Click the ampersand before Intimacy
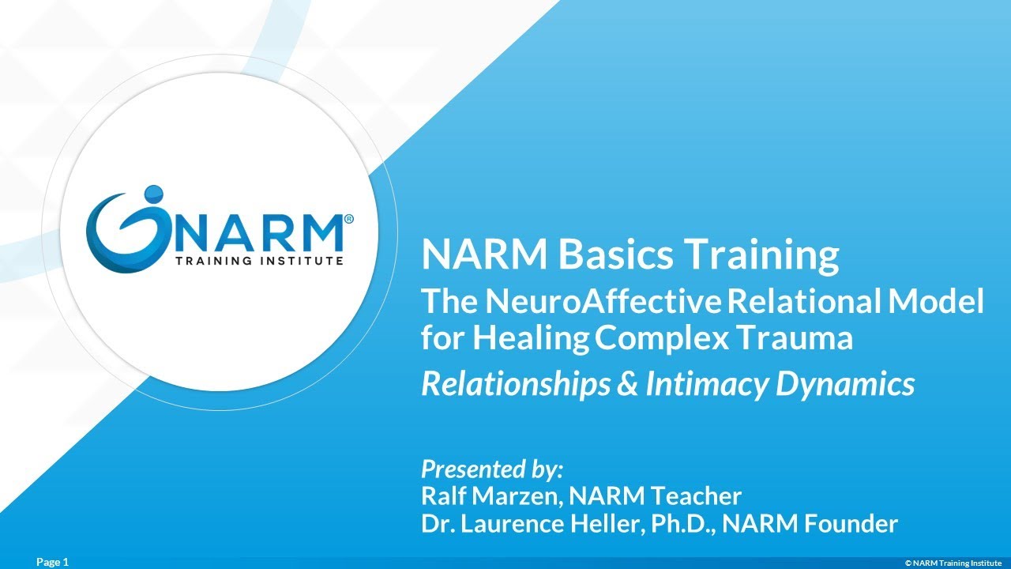click(627, 384)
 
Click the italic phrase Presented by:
click(492, 469)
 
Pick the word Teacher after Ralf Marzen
click(697, 496)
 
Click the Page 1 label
click(53, 562)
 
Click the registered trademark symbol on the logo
click(348, 217)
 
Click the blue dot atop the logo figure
click(153, 192)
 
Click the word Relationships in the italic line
click(516, 385)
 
